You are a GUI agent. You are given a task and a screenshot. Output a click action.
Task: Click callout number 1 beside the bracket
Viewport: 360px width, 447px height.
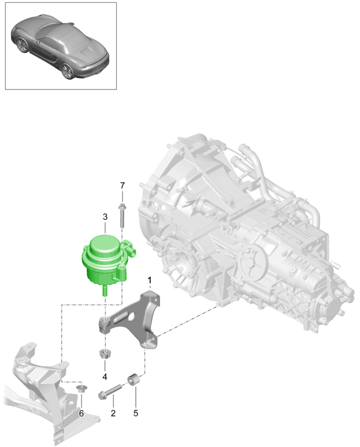click(150, 280)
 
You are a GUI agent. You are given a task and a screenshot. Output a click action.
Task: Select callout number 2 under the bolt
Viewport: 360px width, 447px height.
click(113, 413)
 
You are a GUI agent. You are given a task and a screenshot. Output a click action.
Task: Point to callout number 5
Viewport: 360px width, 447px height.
click(136, 413)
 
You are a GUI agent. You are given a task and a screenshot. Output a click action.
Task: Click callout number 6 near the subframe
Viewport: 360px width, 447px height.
click(81, 413)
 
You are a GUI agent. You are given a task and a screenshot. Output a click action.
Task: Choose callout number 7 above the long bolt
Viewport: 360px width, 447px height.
click(122, 185)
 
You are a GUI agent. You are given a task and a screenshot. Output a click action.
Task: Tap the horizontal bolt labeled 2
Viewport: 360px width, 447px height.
click(111, 393)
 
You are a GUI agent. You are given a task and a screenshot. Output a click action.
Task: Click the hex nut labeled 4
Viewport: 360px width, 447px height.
click(105, 355)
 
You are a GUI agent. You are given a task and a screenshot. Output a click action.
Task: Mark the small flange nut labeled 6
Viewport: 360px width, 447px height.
click(81, 389)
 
